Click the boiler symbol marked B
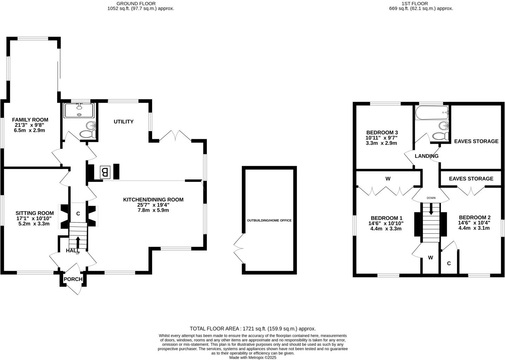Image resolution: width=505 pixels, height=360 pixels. point(105,172)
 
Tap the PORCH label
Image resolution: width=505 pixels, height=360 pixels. point(73,279)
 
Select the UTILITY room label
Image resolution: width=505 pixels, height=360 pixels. point(123,122)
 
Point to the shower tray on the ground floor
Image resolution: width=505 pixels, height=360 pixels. point(79,110)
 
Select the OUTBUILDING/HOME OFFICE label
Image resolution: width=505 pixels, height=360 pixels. point(269,220)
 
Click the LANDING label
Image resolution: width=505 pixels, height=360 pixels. point(426,156)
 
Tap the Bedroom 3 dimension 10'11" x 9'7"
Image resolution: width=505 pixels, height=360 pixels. point(382,138)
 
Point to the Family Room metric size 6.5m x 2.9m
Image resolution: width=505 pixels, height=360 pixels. point(29,130)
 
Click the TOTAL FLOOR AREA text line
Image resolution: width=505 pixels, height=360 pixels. point(252,329)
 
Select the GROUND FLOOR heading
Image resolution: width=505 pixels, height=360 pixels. point(141,4)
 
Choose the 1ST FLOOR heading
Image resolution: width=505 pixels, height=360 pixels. point(421,4)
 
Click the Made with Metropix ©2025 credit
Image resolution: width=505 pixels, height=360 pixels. point(252,358)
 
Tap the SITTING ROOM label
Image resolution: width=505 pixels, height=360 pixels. point(34,213)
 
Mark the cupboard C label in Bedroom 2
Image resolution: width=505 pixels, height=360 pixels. point(449,263)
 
